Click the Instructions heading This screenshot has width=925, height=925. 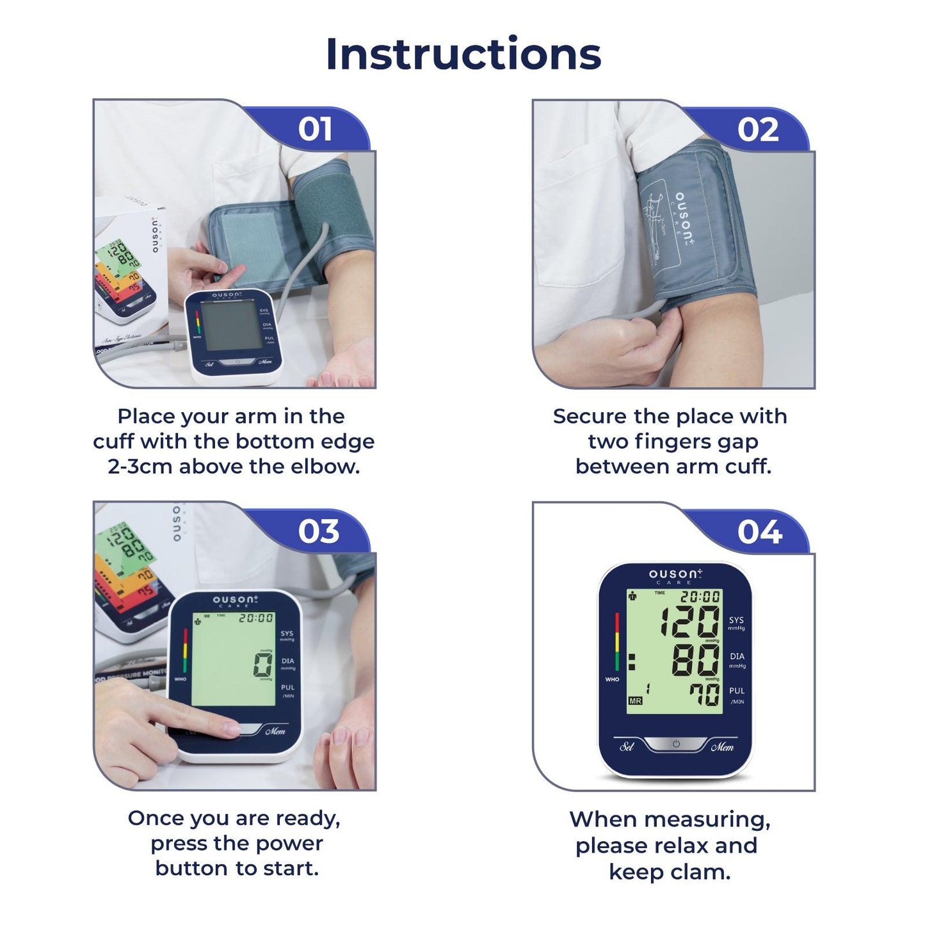click(x=463, y=54)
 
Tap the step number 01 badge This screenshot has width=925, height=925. click(x=315, y=129)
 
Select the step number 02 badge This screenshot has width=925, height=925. click(x=758, y=129)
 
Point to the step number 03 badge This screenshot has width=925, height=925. click(x=318, y=531)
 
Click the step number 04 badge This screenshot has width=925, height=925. click(x=759, y=531)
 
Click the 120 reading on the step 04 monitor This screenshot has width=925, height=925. click(x=690, y=622)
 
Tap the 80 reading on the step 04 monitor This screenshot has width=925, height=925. click(x=695, y=660)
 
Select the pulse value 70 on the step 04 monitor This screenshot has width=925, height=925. click(x=704, y=694)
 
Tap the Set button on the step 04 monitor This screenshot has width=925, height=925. click(x=627, y=746)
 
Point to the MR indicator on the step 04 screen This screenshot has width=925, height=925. click(x=635, y=701)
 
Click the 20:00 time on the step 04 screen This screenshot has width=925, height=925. click(x=700, y=597)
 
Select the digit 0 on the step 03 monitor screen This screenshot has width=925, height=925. click(x=262, y=665)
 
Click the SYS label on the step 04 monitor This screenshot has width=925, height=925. click(x=736, y=620)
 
